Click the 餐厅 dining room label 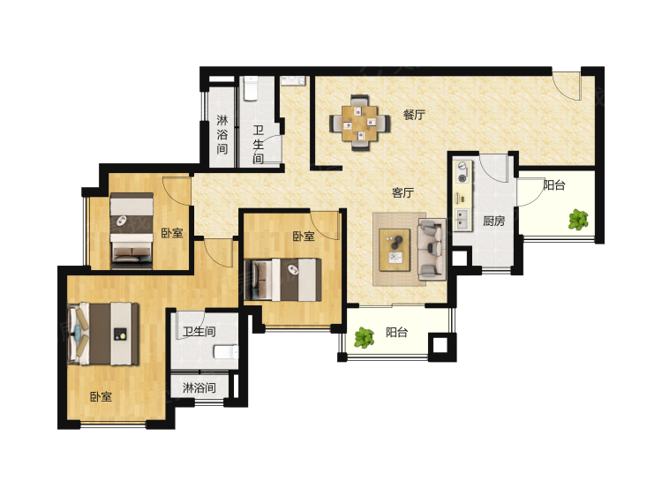414,115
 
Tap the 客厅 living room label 402,192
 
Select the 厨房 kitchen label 494,221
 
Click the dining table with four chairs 360,123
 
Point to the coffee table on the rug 395,250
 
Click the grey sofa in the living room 432,249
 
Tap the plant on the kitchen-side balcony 578,220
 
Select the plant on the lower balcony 364,338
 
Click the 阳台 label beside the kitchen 554,184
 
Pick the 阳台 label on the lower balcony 397,332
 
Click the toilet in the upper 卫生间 251,88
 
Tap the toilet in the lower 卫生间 226,351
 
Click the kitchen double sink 463,220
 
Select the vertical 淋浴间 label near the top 222,135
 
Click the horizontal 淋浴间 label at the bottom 199,387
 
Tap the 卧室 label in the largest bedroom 101,396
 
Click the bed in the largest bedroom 103,334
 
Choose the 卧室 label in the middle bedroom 304,236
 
